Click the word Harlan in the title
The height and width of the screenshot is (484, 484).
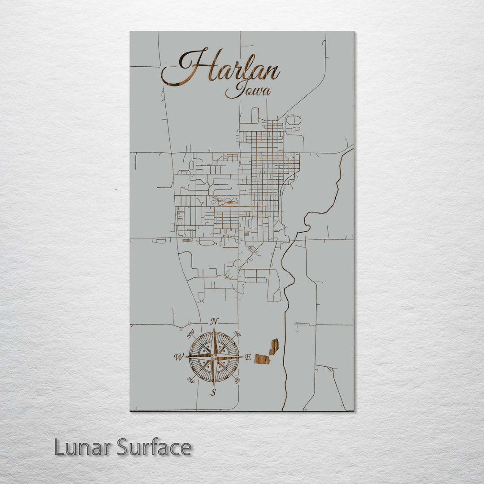coord(220,67)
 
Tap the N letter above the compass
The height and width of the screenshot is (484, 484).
coord(215,321)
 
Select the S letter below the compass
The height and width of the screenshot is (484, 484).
coord(214,393)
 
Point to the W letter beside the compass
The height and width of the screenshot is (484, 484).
coord(178,357)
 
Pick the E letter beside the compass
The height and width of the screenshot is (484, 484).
coord(248,357)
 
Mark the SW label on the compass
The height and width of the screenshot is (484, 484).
coord(190,380)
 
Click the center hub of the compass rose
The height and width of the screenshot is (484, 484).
coord(214,357)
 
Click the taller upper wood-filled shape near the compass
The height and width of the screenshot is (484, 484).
coord(274,346)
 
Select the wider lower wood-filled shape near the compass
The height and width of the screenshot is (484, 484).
coord(262,359)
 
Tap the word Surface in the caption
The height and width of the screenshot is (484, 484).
coord(154,447)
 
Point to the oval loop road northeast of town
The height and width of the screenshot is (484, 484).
coord(294,120)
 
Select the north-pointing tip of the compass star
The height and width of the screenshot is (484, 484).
coord(214,328)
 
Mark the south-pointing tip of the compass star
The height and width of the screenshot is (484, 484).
coord(214,385)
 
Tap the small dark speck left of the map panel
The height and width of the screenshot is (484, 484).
coord(116,189)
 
